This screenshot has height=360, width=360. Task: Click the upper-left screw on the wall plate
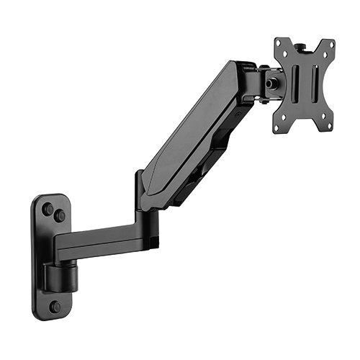click(48, 210)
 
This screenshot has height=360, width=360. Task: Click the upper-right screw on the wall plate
click(60, 215)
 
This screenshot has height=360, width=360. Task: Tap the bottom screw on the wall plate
click(55, 306)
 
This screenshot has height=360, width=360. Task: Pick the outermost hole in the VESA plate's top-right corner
click(332, 42)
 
